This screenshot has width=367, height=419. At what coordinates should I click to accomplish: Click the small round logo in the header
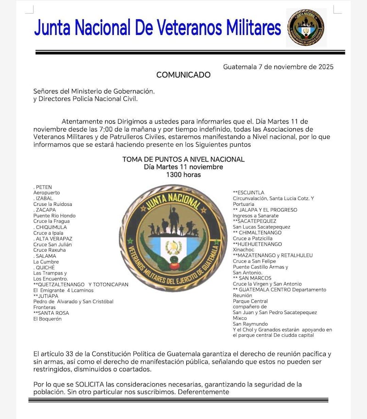click(x=306, y=28)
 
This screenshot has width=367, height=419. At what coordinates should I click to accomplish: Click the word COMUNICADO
click(x=183, y=75)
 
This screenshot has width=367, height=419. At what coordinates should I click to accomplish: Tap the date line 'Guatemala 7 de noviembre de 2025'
click(x=278, y=66)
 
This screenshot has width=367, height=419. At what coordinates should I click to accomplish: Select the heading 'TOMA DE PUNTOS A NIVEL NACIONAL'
click(x=183, y=160)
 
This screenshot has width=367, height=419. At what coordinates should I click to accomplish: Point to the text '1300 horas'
click(x=183, y=175)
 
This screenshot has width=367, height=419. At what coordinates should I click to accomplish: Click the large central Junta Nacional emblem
click(x=173, y=238)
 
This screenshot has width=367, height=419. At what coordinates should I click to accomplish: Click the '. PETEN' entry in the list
click(x=43, y=187)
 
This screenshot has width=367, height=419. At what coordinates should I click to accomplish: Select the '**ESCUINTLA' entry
click(x=248, y=193)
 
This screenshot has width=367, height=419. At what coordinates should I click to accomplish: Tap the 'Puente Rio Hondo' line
click(x=54, y=215)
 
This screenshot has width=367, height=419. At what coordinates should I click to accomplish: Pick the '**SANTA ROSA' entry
click(x=51, y=313)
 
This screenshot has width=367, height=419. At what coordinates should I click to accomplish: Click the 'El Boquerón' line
click(x=47, y=319)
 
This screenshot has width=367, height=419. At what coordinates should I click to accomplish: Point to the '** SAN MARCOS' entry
click(x=252, y=278)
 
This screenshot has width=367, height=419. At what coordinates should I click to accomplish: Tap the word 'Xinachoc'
click(x=243, y=250)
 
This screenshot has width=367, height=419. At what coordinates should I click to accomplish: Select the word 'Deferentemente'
click(x=203, y=392)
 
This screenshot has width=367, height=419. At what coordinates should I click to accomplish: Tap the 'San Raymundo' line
click(x=250, y=324)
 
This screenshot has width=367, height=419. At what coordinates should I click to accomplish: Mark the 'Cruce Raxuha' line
click(x=49, y=250)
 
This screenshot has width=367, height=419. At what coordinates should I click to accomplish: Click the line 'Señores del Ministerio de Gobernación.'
click(x=94, y=91)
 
